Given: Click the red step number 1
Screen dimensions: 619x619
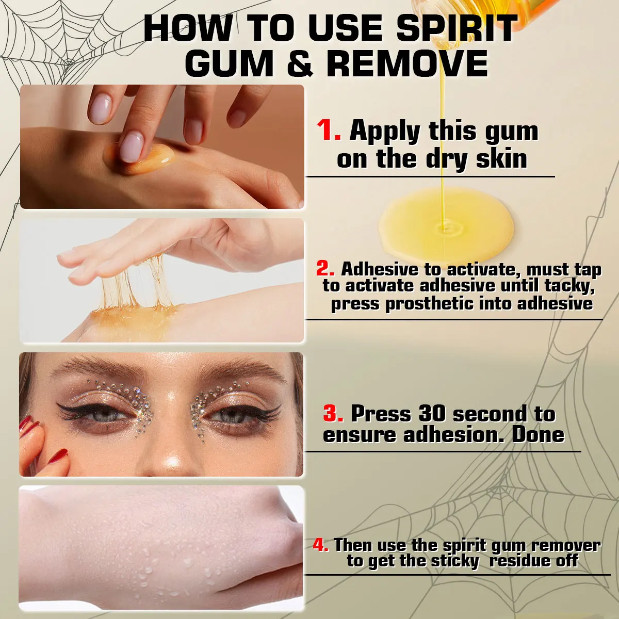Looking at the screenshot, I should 329,130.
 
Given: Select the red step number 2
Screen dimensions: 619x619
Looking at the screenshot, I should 325,269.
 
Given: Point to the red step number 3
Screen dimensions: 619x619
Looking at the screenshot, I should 333,414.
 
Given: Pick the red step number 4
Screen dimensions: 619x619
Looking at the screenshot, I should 320,545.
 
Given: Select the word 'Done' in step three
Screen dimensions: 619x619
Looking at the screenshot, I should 537,435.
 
